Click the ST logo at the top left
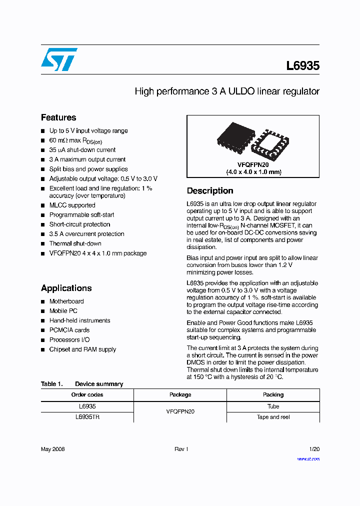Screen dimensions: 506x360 pos(59,59)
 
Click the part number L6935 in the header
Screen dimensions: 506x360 pos(302,65)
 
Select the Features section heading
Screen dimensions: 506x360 pos(58,117)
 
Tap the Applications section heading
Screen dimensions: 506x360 pos(66,288)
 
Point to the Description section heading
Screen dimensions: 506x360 pos(209,190)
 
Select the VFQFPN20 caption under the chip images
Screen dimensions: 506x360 pos(252,164)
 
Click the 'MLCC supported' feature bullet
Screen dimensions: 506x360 pos(72,205)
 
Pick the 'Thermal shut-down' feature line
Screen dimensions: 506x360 pos(75,243)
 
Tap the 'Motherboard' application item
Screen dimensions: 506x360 pos(66,301)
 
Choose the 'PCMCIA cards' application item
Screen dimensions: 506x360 pos(69,330)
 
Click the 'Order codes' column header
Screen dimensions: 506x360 pos(87,394)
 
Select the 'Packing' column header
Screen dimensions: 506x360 pos(273,394)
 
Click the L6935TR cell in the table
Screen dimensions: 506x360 pos(87,417)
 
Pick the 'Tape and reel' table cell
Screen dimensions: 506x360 pos(273,417)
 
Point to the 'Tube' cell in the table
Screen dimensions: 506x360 pos(273,406)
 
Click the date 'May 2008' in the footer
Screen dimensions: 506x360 pos(52,449)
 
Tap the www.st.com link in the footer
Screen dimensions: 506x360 pos(308,458)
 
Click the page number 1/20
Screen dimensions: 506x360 pos(314,449)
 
